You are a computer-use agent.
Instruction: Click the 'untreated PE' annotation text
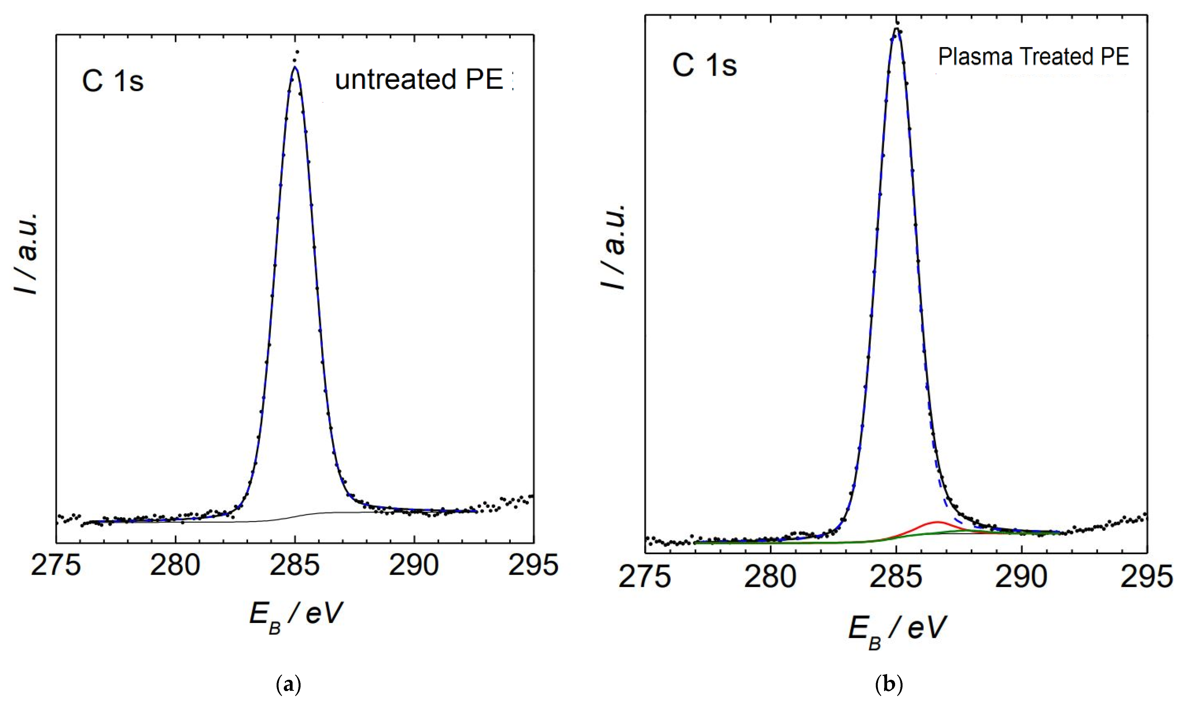click(419, 80)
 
